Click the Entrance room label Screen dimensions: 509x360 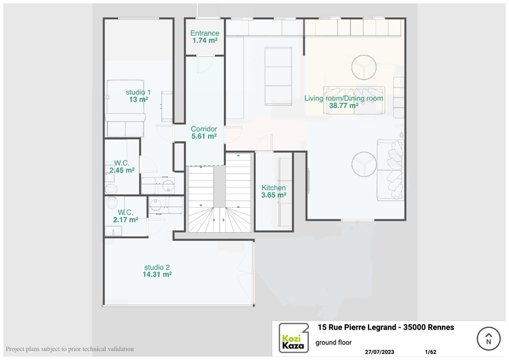tap(204, 33)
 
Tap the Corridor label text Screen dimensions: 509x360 tap(204, 129)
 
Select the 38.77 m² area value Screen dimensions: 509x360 tap(344, 105)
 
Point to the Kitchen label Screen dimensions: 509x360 tap(274, 187)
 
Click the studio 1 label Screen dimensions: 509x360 tap(138, 92)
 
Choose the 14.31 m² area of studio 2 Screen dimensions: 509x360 tap(157, 274)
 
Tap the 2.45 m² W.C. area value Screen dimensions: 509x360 tap(121, 170)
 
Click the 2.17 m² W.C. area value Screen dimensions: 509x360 tap(126, 220)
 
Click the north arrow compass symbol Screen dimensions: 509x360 tap(488, 338)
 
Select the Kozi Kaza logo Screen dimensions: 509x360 tap(294, 338)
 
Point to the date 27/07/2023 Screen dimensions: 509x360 tap(379, 352)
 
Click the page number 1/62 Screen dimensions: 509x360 tap(430, 352)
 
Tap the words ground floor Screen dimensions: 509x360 tap(334, 342)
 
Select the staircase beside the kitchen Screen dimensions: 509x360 tap(220, 193)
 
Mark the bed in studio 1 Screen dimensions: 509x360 tap(126, 108)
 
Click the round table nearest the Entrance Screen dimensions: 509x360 tap(364, 67)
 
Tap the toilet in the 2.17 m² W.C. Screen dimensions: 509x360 tap(112, 202)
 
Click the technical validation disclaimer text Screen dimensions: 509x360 tap(70, 349)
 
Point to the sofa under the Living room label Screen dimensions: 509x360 tap(354, 101)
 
